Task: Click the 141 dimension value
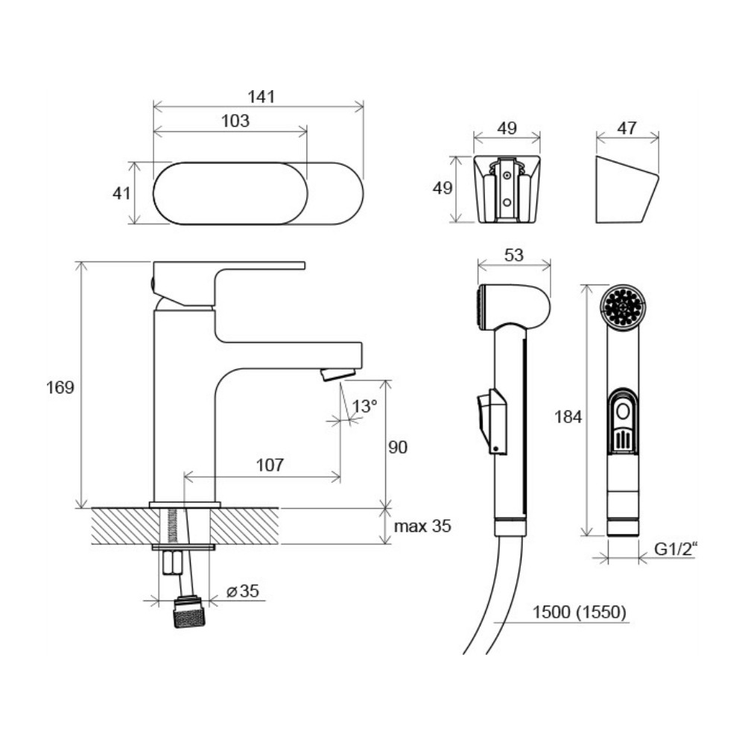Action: point(261,97)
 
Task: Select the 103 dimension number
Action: point(235,121)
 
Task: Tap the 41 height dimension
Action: point(121,194)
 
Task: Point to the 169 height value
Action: point(60,387)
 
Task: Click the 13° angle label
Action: point(365,406)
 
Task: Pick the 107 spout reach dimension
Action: point(270,465)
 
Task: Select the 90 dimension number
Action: point(398,447)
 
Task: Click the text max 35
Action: point(422,526)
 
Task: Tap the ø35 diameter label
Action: point(243,591)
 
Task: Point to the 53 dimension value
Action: point(513,255)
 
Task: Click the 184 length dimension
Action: point(568,417)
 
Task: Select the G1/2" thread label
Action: point(676,549)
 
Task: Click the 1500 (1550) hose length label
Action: point(579,612)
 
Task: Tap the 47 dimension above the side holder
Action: point(627,128)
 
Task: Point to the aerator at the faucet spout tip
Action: point(337,374)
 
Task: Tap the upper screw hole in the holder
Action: point(507,175)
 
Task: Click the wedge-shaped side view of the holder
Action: point(627,189)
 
